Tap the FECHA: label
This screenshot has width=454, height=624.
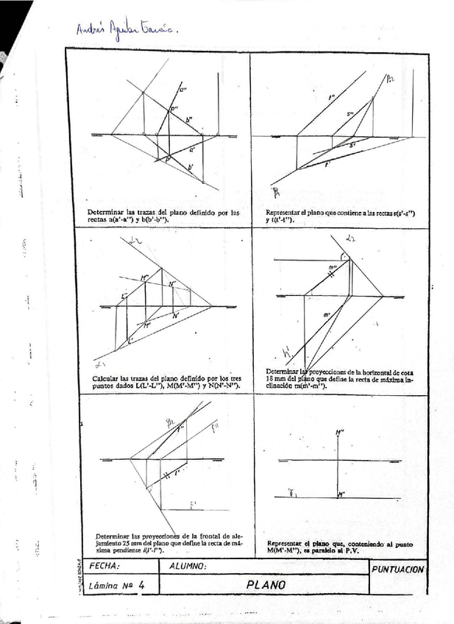click(x=104, y=567)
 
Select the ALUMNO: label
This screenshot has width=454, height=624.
click(x=188, y=567)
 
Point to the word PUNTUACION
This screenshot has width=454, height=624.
click(x=398, y=570)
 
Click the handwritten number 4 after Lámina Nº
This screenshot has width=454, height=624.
click(x=141, y=586)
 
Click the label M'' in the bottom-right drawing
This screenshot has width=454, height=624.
click(x=339, y=431)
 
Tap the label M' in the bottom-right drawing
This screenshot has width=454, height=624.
click(x=341, y=494)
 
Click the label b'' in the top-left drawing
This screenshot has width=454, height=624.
click(x=189, y=119)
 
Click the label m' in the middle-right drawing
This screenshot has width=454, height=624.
click(x=326, y=315)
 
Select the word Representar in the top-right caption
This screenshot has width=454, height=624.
click(x=283, y=213)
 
